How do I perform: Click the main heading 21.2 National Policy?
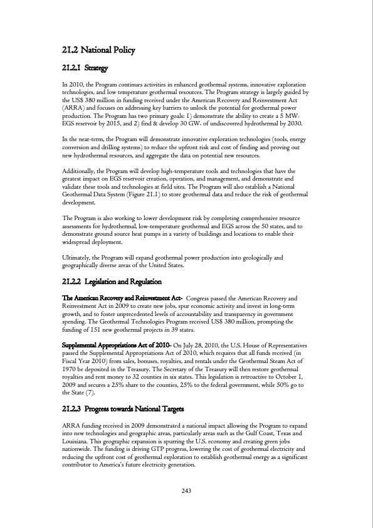(99, 50)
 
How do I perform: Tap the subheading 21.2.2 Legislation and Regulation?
(113, 282)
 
